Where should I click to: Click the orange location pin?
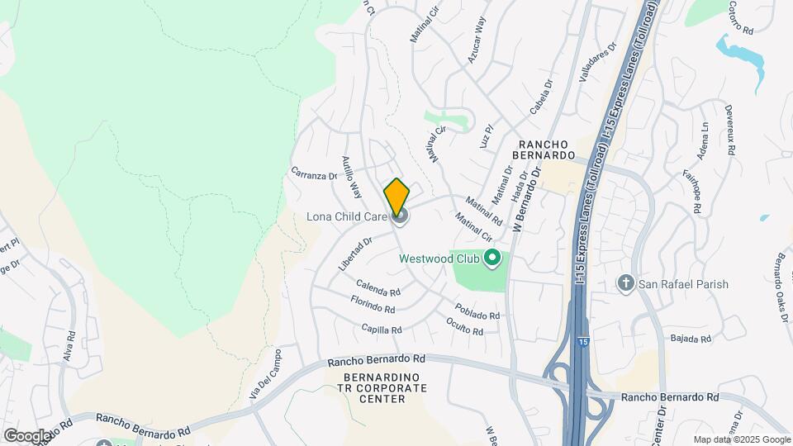[x=397, y=197]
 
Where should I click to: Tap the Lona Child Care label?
[x=347, y=217]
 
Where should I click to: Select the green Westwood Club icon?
[x=493, y=259]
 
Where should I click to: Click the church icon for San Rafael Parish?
[x=626, y=284]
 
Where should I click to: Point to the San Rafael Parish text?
[x=684, y=284]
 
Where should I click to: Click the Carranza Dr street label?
[x=315, y=174]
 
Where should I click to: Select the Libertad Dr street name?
[x=356, y=254]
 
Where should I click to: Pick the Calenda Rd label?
[x=378, y=290]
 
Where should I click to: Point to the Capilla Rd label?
[x=381, y=328]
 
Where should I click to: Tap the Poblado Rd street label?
[x=477, y=310]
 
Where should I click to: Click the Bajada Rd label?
[x=691, y=339]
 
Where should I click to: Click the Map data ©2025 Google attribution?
[x=741, y=439]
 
